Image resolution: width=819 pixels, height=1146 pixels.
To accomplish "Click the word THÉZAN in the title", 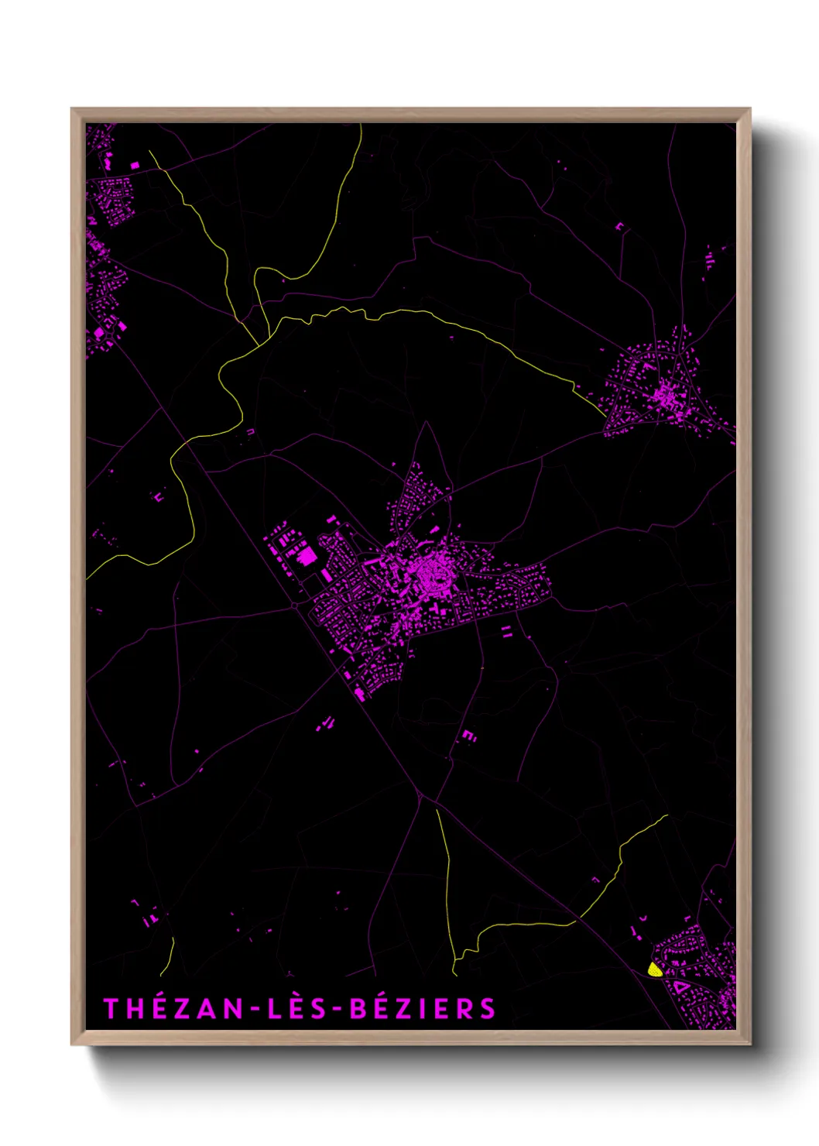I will pyautogui.click(x=171, y=1008).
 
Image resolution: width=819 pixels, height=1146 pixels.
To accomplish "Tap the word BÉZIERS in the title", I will pyautogui.click(x=423, y=1008).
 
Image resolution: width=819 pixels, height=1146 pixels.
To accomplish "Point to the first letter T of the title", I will pyautogui.click(x=111, y=1008).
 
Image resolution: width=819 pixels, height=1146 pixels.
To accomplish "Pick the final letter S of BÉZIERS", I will pyautogui.click(x=487, y=1008).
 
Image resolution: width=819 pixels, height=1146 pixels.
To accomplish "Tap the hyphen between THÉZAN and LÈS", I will pyautogui.click(x=252, y=1009).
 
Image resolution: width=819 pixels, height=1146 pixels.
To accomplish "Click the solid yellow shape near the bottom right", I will pyautogui.click(x=655, y=969).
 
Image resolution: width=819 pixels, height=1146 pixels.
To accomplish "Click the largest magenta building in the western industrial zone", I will pyautogui.click(x=307, y=556).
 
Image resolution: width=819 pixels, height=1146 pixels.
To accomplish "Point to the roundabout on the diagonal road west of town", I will pyautogui.click(x=296, y=605).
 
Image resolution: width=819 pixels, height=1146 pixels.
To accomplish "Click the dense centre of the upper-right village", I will pyautogui.click(x=664, y=395).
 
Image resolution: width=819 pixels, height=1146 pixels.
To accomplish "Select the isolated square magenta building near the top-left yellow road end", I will pyautogui.click(x=134, y=165).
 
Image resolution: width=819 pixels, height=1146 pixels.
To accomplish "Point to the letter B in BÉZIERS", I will pyautogui.click(x=358, y=1008).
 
